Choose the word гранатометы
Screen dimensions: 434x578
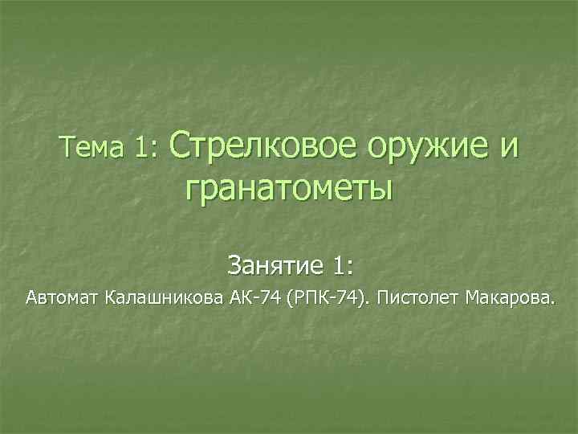289,191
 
